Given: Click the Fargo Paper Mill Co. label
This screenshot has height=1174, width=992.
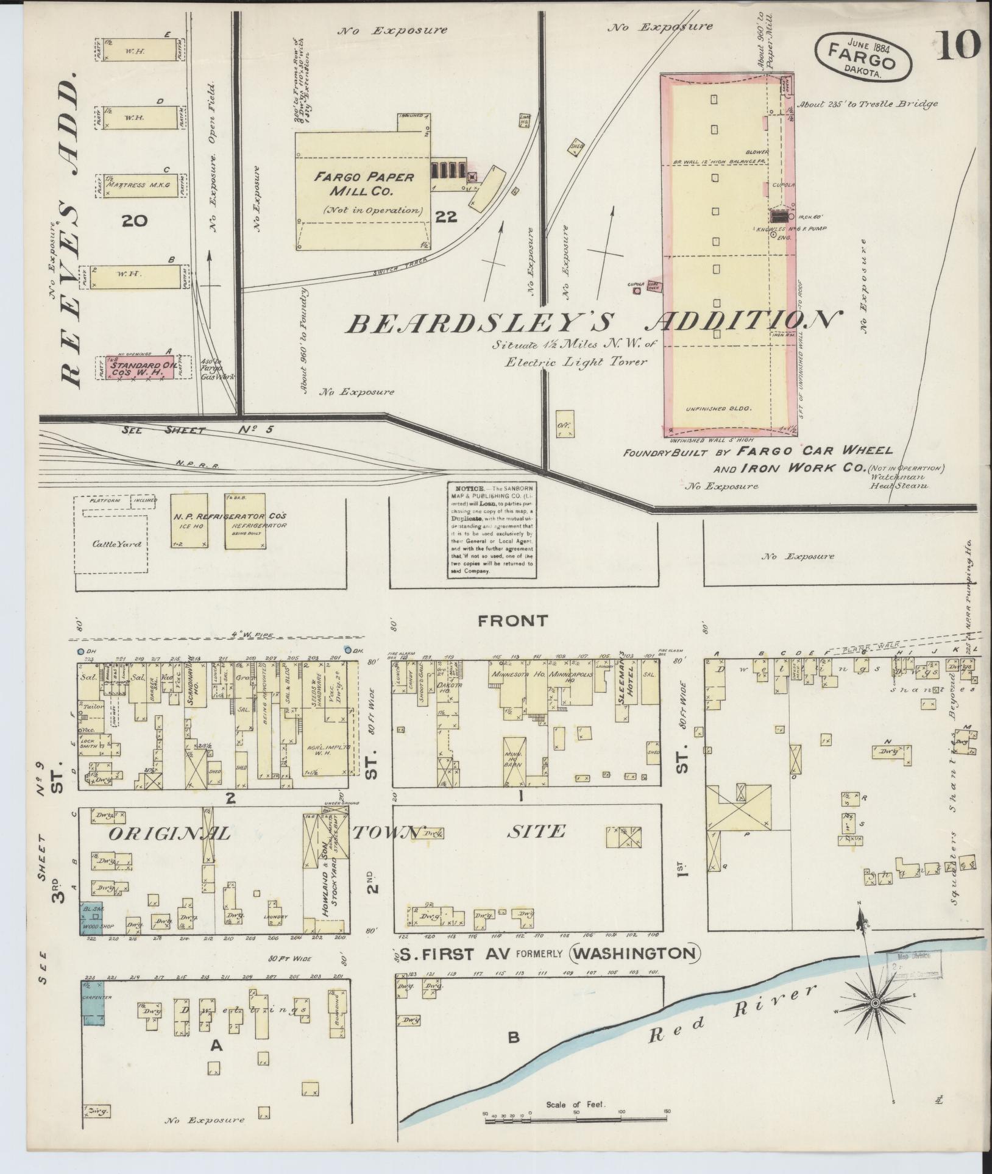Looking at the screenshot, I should click(x=363, y=185).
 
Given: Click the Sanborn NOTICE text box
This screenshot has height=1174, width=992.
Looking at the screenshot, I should click(x=491, y=530).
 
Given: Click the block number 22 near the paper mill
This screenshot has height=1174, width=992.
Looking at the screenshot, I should click(x=447, y=217).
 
